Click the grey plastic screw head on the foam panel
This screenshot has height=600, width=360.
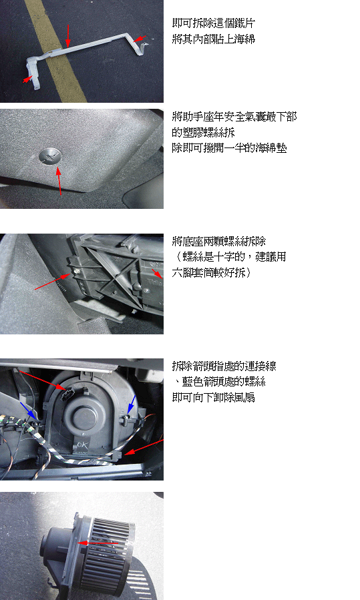(x=50, y=156)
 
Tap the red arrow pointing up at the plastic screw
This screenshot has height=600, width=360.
(x=59, y=181)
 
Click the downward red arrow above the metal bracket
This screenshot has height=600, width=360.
(x=68, y=35)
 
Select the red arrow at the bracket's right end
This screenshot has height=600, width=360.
(x=140, y=39)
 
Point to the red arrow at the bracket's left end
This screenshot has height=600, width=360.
(x=27, y=79)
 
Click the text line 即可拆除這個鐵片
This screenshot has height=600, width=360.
(x=213, y=23)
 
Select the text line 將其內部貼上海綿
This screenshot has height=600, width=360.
(x=213, y=39)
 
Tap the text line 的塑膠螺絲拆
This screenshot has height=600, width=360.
(x=203, y=132)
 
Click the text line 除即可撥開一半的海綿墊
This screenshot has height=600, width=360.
(x=229, y=148)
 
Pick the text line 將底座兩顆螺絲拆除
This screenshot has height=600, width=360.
(x=218, y=242)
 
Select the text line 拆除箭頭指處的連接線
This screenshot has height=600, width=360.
(x=224, y=366)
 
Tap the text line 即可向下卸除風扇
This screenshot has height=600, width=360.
(x=213, y=398)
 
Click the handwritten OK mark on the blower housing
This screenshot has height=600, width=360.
(x=82, y=445)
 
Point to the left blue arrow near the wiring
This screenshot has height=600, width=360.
(x=29, y=411)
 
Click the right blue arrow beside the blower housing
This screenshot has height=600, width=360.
(x=131, y=405)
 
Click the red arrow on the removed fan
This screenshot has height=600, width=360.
(x=98, y=543)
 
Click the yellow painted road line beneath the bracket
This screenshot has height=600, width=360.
(x=57, y=51)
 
